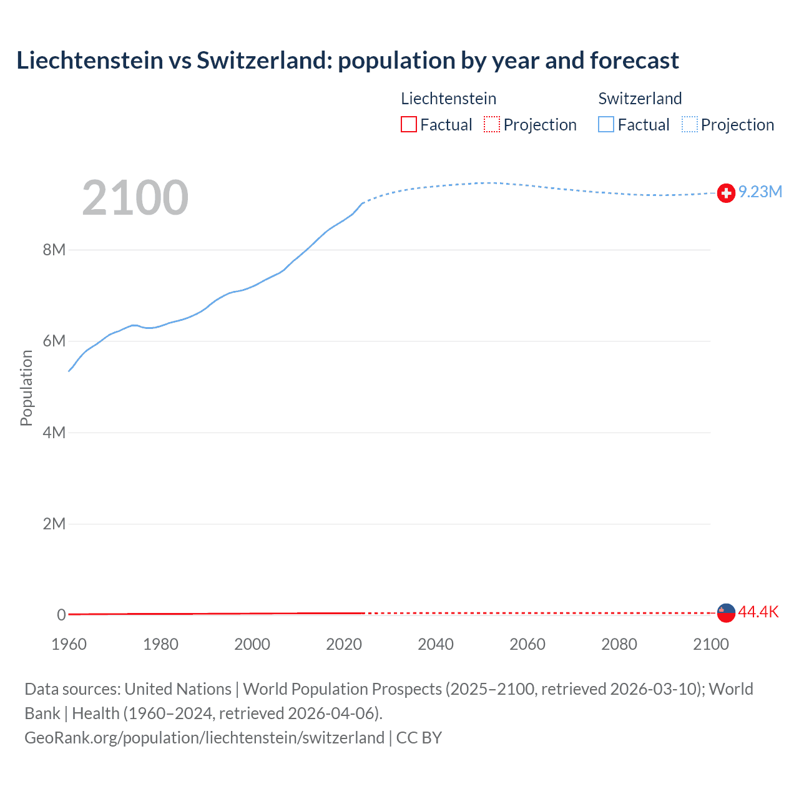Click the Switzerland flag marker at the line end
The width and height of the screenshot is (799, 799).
coord(726,194)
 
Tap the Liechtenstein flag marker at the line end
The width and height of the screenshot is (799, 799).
coord(726,612)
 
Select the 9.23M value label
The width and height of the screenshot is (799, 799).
coord(760,192)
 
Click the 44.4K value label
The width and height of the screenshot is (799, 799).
coord(758,612)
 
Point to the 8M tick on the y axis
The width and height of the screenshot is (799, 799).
coord(54,250)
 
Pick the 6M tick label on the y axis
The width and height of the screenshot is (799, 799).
coord(54,341)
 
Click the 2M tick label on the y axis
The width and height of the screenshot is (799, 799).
coord(54,523)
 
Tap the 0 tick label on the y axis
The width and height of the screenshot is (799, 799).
coord(61,615)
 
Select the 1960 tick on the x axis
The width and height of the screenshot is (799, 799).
coord(69,644)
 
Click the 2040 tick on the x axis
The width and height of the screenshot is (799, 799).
coord(436,644)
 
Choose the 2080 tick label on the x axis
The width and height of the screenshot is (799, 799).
coord(619,644)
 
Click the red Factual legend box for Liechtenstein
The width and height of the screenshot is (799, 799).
coord(409,124)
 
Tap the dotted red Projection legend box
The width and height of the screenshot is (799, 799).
coord(492,124)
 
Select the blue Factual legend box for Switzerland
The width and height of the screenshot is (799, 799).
coord(606,124)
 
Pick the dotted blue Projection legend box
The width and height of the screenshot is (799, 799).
coord(689,124)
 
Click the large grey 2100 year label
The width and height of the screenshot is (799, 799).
coord(135,198)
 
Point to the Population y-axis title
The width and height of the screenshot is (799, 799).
coord(26,388)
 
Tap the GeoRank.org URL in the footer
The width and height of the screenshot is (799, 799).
coord(204,737)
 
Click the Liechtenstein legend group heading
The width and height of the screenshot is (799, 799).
coord(448,99)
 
